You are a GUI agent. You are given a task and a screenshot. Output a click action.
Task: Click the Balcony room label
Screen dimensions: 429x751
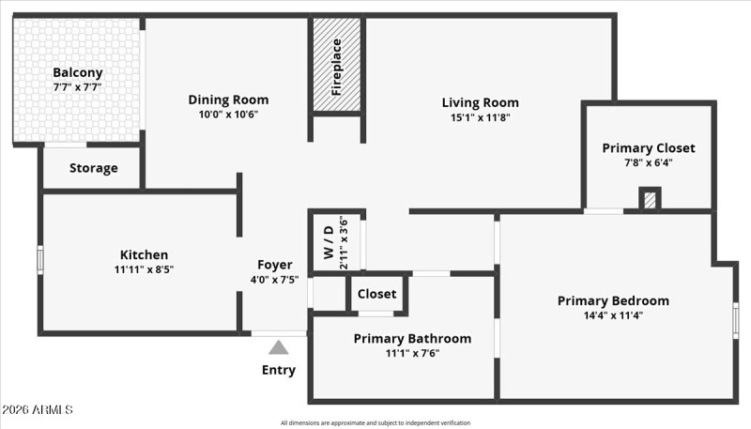click(x=78, y=72)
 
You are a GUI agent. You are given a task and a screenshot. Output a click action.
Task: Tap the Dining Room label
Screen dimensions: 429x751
click(x=228, y=100)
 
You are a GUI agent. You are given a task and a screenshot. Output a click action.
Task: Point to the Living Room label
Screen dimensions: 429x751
click(x=480, y=102)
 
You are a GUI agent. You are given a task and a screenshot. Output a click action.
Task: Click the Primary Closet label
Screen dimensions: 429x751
click(x=649, y=147)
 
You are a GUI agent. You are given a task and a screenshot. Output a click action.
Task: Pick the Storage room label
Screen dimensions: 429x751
click(x=94, y=168)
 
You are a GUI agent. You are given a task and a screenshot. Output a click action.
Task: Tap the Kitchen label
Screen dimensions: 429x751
click(x=144, y=254)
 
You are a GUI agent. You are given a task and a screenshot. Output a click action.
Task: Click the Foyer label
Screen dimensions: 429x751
click(x=274, y=265)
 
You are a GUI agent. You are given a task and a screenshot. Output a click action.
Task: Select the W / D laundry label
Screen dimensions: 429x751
click(x=328, y=240)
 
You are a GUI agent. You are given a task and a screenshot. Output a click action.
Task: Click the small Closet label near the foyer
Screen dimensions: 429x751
click(x=377, y=294)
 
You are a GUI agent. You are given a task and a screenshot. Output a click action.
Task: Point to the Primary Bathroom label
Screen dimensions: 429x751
click(x=412, y=338)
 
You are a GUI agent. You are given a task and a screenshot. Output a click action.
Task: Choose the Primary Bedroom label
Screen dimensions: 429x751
click(x=613, y=300)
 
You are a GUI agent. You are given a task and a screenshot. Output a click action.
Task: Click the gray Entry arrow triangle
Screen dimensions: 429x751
click(x=278, y=347)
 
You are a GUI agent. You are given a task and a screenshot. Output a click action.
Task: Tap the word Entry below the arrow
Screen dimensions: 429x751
click(x=278, y=370)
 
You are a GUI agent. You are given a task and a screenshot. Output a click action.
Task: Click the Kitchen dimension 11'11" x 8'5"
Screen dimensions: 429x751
click(x=144, y=269)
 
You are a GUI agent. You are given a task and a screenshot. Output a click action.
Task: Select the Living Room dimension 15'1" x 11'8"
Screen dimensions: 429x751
click(x=480, y=117)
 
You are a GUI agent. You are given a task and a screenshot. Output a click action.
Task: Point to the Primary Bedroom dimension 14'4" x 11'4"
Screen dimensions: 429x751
click(x=613, y=315)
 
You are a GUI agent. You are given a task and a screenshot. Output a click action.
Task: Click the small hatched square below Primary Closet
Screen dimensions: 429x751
click(x=650, y=200)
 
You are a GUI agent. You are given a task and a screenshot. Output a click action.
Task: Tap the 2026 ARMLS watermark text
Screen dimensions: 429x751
click(x=38, y=410)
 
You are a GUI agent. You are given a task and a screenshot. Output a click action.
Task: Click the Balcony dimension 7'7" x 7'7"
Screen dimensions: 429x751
click(x=78, y=87)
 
